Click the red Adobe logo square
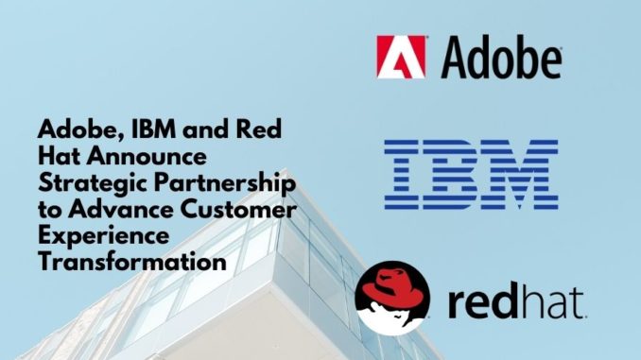[x=401, y=57]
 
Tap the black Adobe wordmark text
[x=501, y=58]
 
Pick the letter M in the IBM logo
[x=521, y=175]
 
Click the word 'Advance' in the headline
[x=121, y=210]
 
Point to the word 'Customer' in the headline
[x=239, y=210]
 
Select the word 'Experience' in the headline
[x=103, y=237]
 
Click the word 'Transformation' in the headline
[x=132, y=262]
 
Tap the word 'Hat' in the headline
[x=60, y=157]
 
